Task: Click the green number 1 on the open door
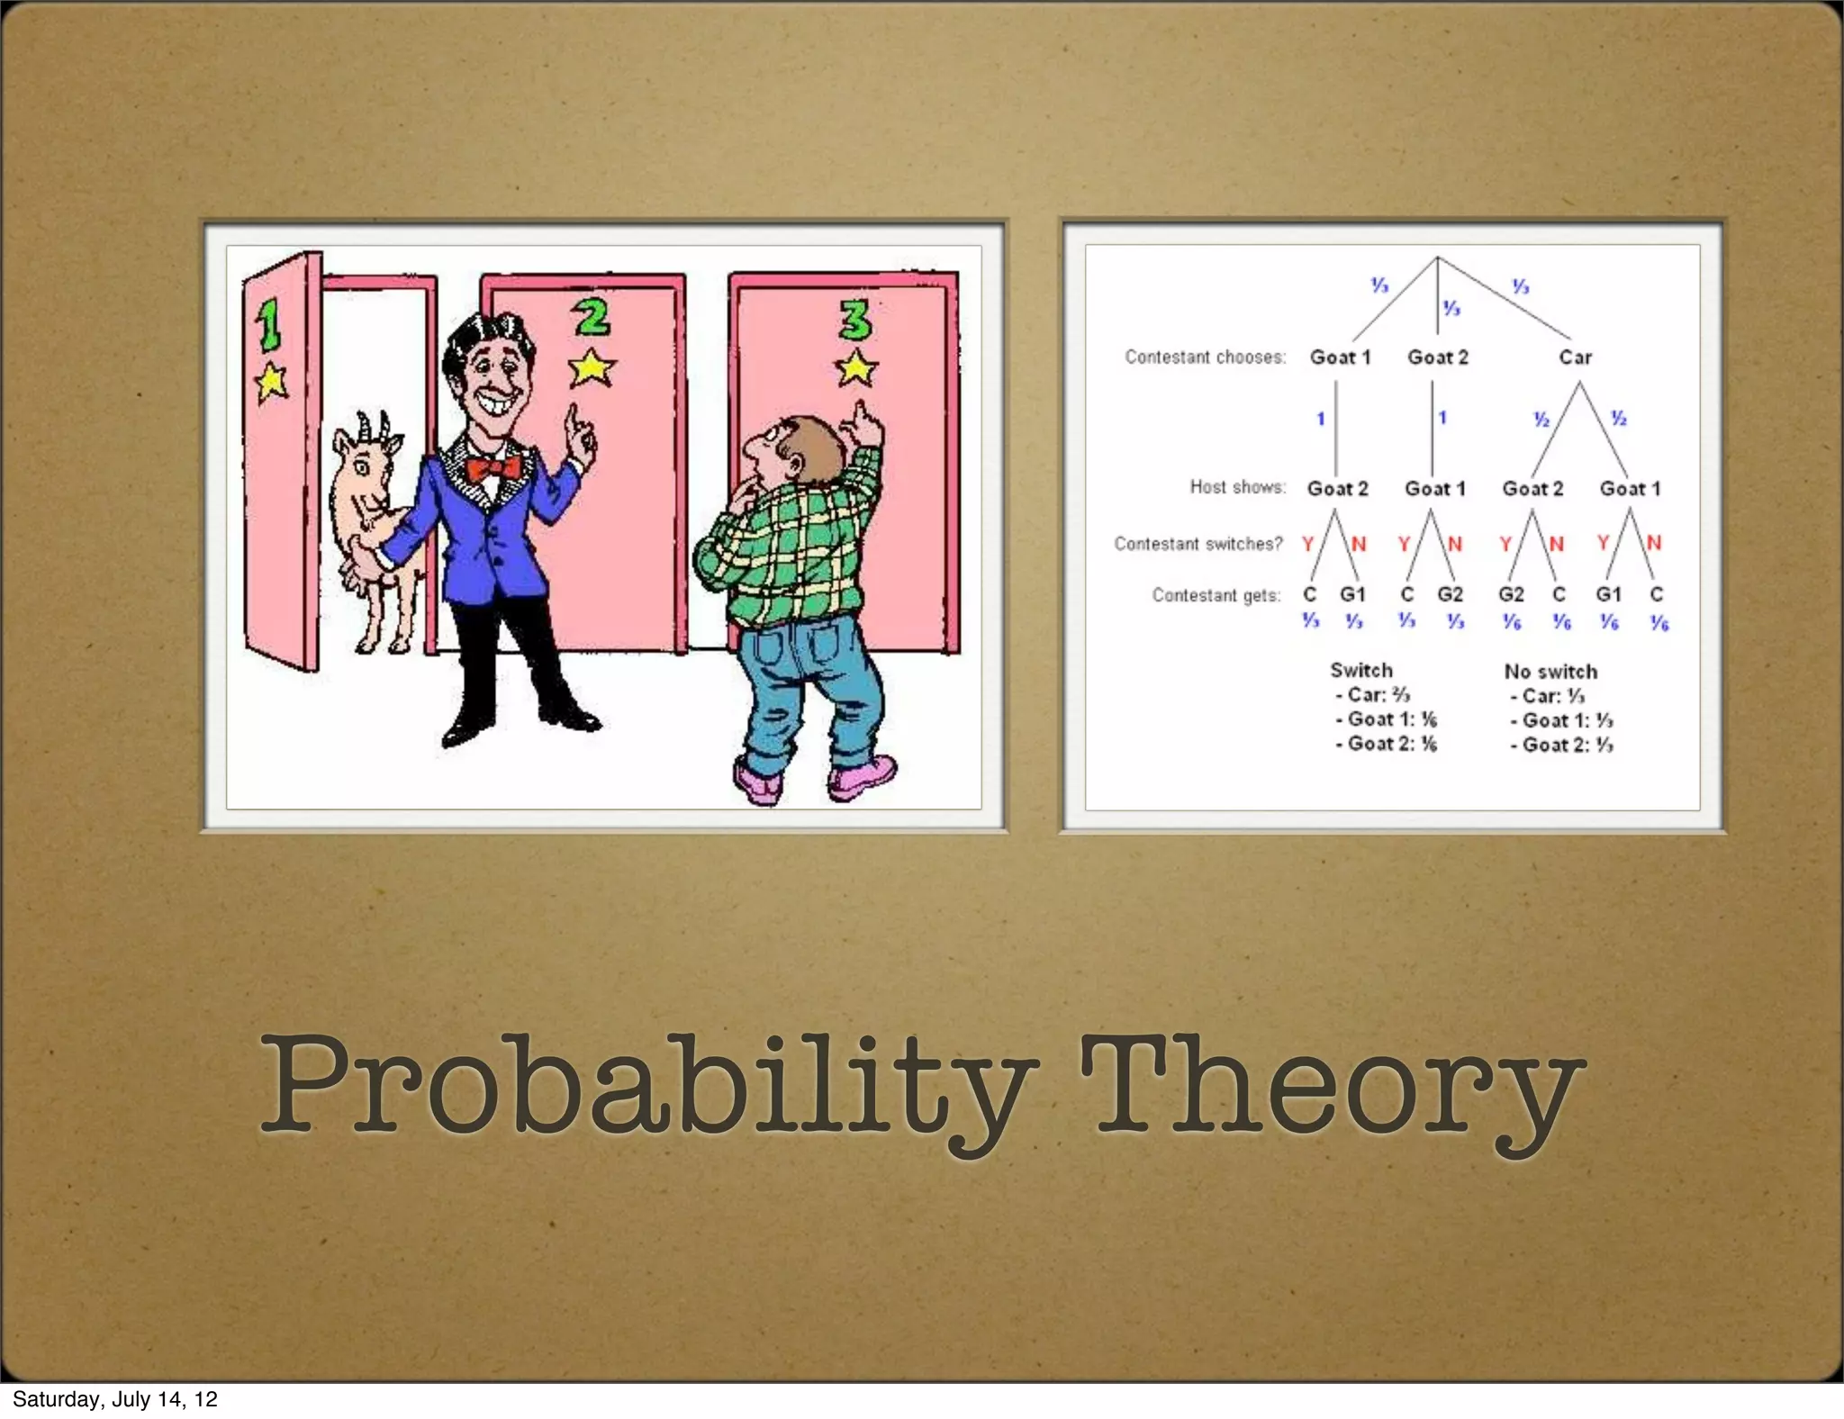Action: [x=268, y=325]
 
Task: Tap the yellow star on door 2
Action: [x=592, y=367]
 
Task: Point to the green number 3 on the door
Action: [x=854, y=320]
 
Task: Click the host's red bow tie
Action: [x=493, y=469]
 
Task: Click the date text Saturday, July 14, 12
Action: [x=115, y=1399]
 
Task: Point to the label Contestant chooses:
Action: [x=1205, y=357]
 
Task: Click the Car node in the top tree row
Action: [x=1575, y=357]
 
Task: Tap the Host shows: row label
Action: [x=1237, y=487]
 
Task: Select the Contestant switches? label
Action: [x=1198, y=544]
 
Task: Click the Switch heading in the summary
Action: [x=1360, y=670]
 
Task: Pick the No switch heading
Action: [x=1550, y=672]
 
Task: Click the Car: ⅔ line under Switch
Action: [x=1372, y=695]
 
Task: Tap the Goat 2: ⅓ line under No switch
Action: [x=1562, y=745]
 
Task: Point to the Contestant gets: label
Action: [x=1216, y=595]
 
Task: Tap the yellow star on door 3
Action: [x=855, y=368]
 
